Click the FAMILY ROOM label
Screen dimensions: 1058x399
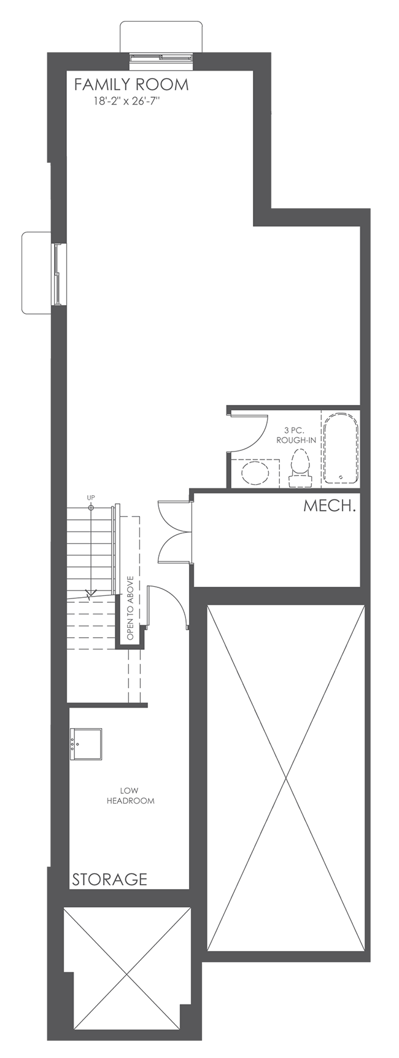[x=131, y=85]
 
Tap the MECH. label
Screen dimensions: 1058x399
[x=330, y=507]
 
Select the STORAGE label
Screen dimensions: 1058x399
[x=110, y=879]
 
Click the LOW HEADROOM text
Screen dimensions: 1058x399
[x=130, y=796]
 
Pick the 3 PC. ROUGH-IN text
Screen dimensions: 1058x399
[x=296, y=435]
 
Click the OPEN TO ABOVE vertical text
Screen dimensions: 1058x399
[x=130, y=608]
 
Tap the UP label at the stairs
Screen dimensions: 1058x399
[x=91, y=497]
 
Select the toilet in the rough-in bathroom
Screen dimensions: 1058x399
[x=300, y=464]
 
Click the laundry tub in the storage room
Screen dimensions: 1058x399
[x=85, y=744]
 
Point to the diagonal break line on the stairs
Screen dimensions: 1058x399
[x=91, y=595]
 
